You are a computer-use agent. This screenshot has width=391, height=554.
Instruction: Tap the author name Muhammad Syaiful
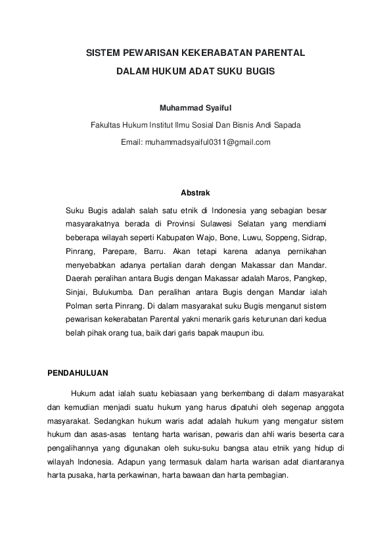click(195, 107)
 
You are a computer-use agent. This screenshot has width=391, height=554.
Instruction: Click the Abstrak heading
click(195, 193)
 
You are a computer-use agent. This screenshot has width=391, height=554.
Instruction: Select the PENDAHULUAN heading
click(78, 373)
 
